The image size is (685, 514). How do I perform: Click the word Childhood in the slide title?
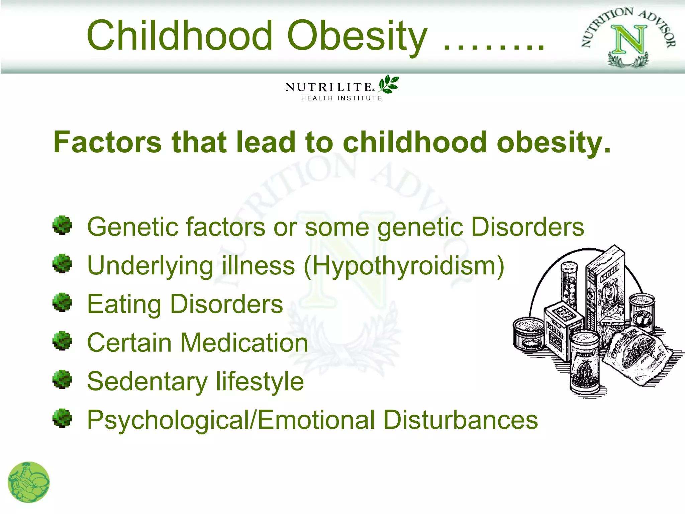[180, 35]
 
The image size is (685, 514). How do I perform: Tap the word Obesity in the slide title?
[357, 35]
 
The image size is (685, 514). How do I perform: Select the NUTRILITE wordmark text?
[329, 87]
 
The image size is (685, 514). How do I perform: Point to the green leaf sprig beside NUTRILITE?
[388, 84]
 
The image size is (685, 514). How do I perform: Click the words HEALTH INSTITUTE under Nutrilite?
[341, 98]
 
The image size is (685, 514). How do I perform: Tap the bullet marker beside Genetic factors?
[62, 225]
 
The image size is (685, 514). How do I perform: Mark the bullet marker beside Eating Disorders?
[62, 302]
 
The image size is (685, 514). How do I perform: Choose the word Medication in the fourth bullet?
[244, 343]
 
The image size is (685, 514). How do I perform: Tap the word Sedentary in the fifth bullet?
[147, 382]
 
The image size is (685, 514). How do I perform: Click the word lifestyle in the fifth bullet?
[260, 381]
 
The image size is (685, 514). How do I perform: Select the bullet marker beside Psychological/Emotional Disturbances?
[62, 418]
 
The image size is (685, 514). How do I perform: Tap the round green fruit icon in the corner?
[29, 482]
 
